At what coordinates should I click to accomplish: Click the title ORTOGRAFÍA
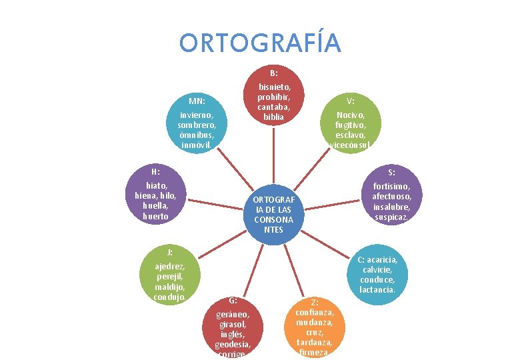[260, 43]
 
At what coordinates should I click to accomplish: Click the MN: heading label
[196, 101]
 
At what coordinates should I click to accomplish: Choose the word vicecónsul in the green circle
[349, 145]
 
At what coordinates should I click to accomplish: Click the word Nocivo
[350, 115]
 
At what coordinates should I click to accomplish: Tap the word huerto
[155, 216]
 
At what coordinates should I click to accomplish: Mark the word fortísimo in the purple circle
[395, 187]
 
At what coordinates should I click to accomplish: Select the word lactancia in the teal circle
[377, 289]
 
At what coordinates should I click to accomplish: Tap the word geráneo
[233, 314]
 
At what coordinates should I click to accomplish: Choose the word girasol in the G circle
[233, 324]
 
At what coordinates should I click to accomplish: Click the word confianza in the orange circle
[315, 312]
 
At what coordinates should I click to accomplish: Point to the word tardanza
[315, 342]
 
